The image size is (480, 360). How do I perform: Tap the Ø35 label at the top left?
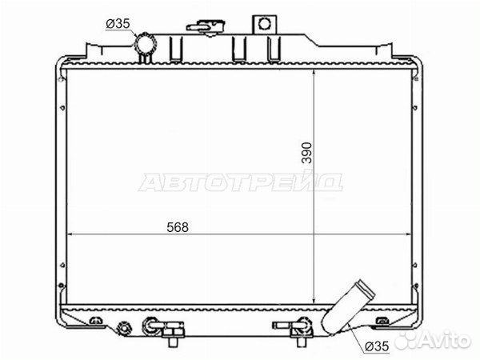[118, 23]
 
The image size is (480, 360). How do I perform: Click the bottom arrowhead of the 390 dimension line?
[314, 301]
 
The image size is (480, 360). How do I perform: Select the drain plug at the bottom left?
[124, 328]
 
